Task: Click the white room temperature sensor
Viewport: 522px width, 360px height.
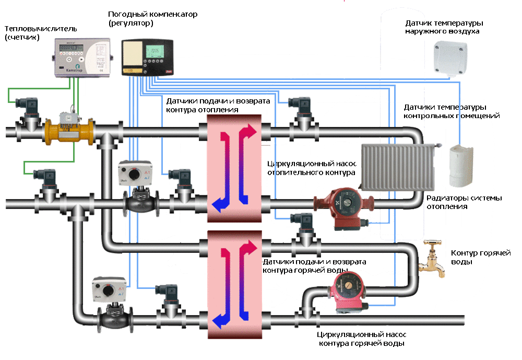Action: pyautogui.click(x=460, y=164)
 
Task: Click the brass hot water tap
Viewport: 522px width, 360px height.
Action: pyautogui.click(x=433, y=258)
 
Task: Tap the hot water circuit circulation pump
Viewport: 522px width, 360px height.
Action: pyautogui.click(x=349, y=292)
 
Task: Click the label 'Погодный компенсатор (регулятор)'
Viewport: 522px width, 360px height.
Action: pyautogui.click(x=152, y=19)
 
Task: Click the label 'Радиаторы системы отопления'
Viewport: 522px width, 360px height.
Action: pyautogui.click(x=464, y=202)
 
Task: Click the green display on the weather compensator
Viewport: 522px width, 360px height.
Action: pyautogui.click(x=155, y=51)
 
